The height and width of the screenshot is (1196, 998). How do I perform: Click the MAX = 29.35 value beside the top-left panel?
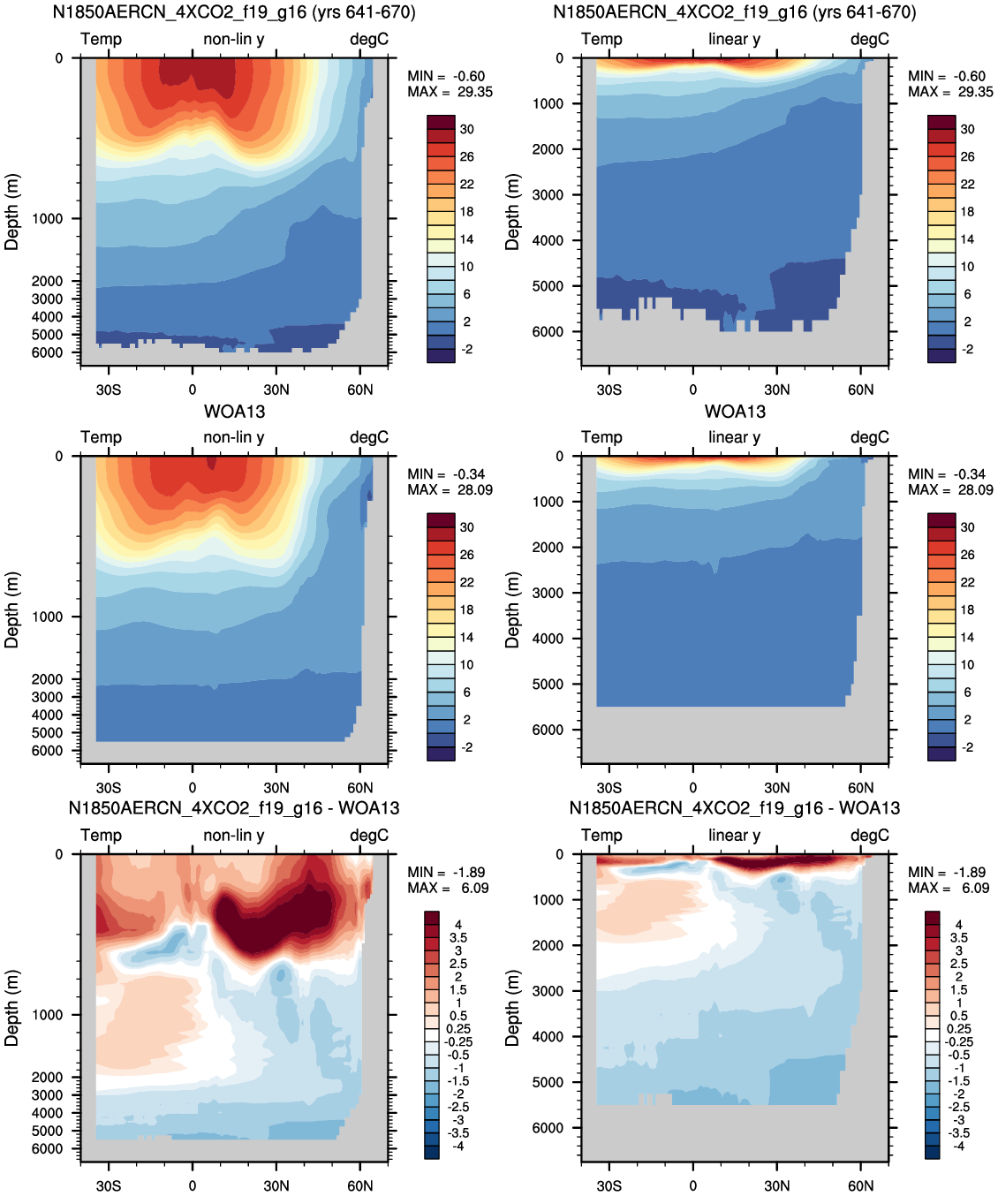(450, 92)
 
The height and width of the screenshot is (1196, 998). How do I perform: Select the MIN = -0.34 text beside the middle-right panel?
(947, 473)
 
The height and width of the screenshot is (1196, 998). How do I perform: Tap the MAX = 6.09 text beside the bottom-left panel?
(448, 888)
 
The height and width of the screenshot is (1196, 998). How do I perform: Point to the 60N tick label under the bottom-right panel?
(860, 1185)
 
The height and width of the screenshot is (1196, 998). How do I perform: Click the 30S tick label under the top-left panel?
(109, 390)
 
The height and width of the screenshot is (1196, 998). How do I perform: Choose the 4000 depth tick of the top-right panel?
(548, 240)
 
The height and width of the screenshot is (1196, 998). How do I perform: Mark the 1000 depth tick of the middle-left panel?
(47, 617)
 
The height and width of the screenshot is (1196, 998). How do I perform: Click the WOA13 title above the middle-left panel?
(234, 412)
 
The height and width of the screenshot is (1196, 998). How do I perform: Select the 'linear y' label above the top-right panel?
(735, 39)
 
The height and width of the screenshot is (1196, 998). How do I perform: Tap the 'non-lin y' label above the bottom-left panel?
(234, 835)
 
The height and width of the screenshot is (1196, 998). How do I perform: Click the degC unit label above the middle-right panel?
(870, 437)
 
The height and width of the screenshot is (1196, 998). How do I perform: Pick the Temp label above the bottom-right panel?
(601, 835)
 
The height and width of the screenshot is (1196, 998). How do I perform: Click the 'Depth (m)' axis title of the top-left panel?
(11, 212)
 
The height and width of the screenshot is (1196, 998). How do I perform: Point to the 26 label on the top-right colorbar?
(967, 156)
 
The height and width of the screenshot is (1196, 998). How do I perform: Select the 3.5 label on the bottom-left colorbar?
(458, 938)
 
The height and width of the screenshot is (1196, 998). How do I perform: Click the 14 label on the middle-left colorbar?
(466, 637)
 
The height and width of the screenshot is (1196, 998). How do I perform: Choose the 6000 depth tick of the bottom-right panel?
(548, 1127)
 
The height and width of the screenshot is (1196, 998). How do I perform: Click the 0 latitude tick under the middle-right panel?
(693, 788)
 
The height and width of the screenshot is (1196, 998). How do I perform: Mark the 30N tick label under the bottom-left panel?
(276, 1185)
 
